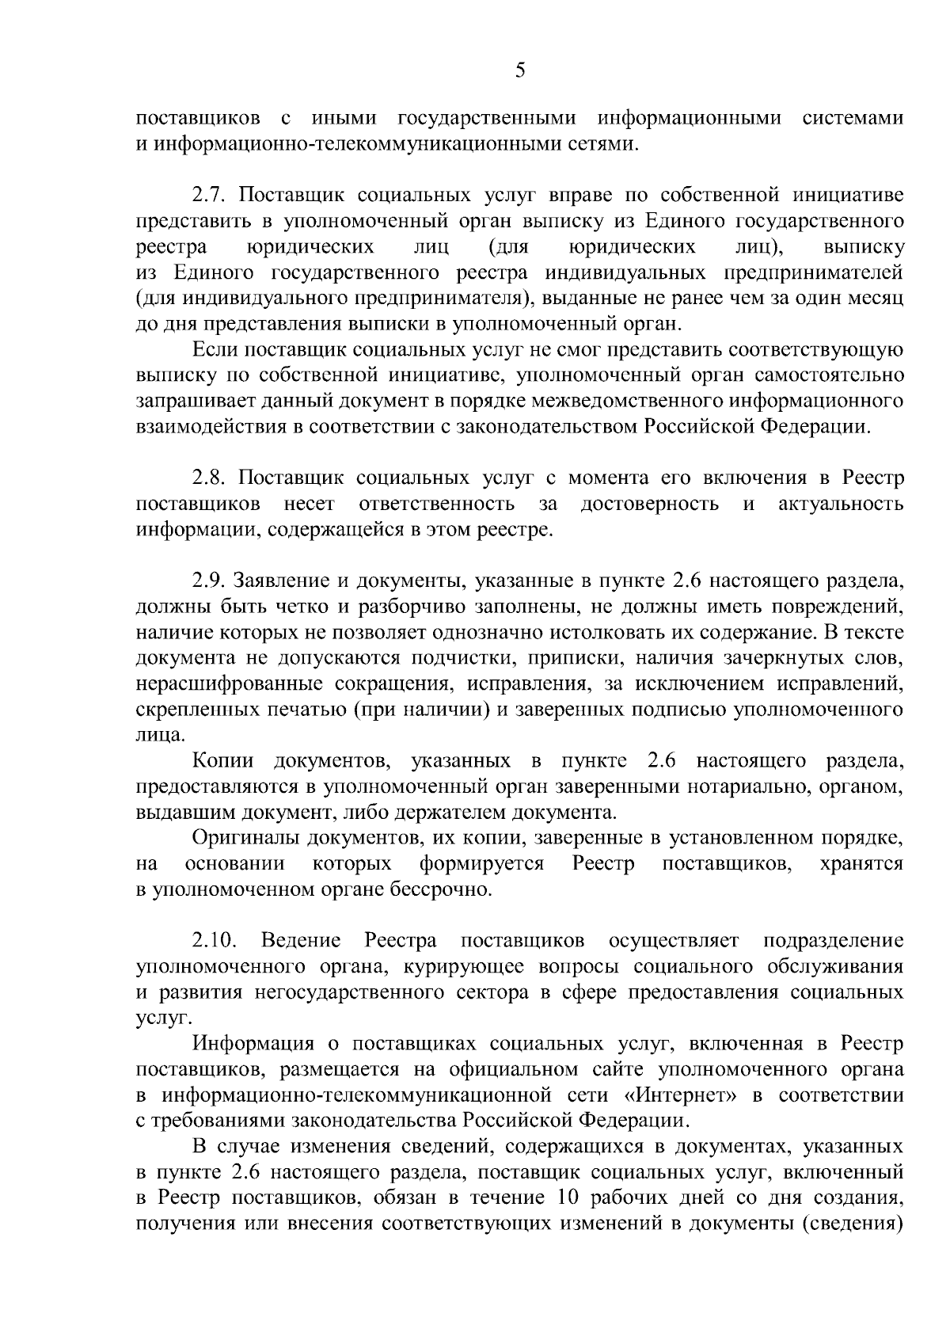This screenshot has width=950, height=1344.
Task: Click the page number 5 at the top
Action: [519, 70]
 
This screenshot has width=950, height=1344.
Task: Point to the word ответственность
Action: [437, 504]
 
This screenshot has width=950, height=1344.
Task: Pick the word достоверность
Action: [650, 504]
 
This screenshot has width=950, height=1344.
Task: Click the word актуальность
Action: [841, 504]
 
